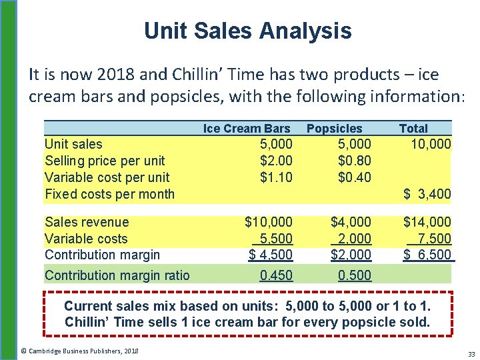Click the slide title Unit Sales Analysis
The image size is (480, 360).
[247, 30]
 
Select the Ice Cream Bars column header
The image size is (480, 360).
[247, 129]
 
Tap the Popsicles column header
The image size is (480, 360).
[334, 129]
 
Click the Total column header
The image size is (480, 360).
[413, 129]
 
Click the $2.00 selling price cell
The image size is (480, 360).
[275, 161]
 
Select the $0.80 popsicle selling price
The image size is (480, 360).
[354, 161]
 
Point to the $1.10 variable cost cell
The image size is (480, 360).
[275, 177]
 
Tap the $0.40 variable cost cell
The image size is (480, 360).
[354, 177]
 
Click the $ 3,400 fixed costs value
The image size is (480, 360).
[427, 194]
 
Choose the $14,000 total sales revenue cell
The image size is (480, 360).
[427, 222]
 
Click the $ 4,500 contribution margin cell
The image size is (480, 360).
[271, 255]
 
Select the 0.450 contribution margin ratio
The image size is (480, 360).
[276, 275]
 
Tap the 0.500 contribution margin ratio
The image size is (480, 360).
[355, 275]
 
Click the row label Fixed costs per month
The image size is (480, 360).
[109, 194]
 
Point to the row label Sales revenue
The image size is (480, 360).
[87, 222]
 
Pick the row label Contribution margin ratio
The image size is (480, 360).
[117, 275]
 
